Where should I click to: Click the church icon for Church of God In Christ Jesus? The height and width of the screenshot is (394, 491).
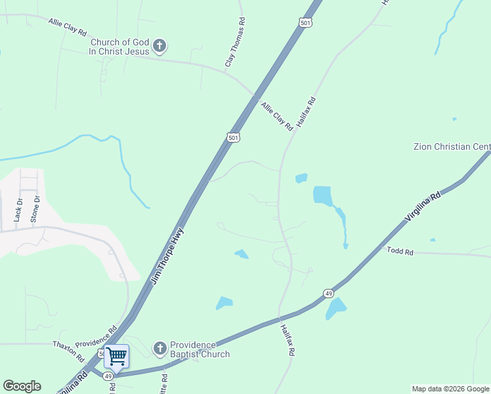159,46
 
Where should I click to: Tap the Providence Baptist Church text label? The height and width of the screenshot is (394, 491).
200,349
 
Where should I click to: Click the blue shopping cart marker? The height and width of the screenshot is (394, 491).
116,356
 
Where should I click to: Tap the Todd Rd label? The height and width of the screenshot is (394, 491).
400,251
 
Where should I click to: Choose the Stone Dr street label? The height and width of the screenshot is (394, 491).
37,208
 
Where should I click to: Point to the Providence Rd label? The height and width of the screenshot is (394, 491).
96,336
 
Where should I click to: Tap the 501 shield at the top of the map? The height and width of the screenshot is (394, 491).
305,23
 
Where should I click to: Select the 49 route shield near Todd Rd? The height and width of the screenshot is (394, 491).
329,293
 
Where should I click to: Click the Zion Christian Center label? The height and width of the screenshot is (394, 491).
452,146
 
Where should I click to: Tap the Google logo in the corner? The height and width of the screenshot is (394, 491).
22,386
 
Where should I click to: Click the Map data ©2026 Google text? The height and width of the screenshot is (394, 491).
450,389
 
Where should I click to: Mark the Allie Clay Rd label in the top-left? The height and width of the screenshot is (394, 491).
68,27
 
